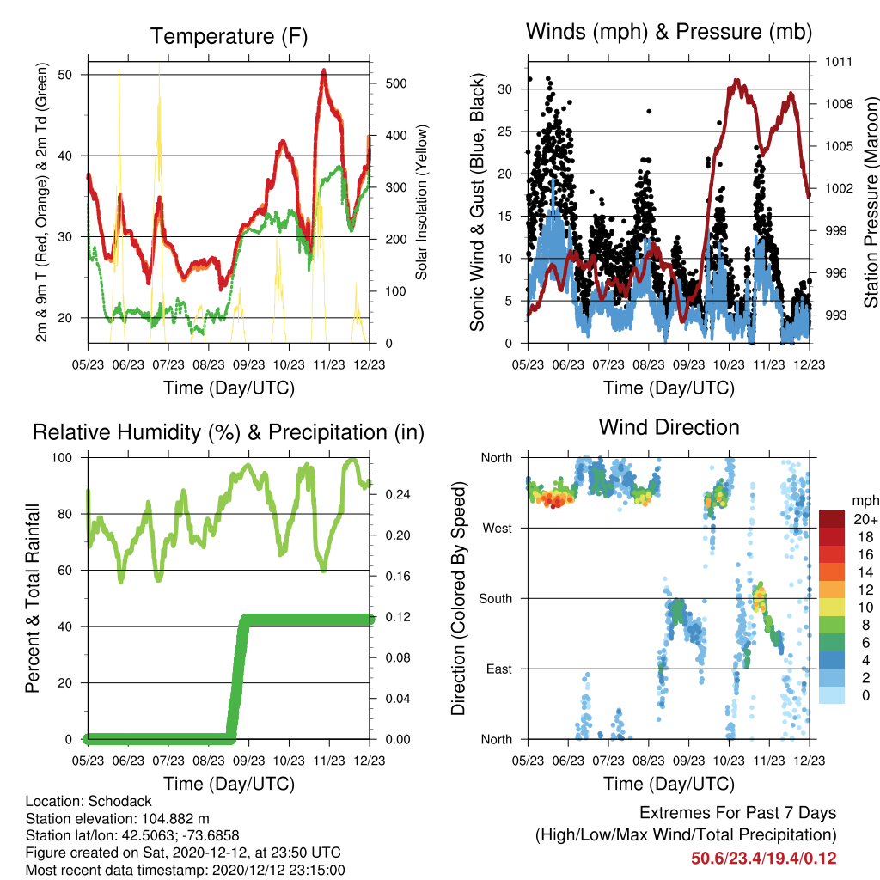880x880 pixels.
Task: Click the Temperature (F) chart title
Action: pos(229,36)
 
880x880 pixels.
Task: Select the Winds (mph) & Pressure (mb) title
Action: pos(669,32)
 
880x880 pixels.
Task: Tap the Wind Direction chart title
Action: pos(669,427)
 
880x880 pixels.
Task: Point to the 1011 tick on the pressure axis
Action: pos(839,62)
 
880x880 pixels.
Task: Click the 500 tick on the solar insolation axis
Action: pos(396,83)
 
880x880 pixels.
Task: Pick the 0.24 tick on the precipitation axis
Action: pos(398,494)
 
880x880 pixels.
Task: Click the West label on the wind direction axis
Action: pos(498,529)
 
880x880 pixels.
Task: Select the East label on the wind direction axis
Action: pos(499,669)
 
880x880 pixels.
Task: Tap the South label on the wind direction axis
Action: pos(496,599)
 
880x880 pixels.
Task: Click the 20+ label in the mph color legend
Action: pos(865,519)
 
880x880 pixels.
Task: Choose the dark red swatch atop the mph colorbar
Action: pos(832,519)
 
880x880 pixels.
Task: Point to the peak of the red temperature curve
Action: pos(324,70)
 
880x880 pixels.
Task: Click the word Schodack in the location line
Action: pos(119,801)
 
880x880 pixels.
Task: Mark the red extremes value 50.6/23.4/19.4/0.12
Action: pos(764,859)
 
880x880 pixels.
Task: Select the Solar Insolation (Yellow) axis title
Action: pos(421,202)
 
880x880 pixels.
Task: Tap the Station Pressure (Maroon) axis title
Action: pos(871,202)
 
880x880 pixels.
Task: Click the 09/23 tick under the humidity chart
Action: pos(248,761)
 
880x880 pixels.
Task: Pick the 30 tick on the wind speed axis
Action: pos(505,89)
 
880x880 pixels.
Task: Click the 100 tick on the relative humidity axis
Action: pos(62,458)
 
